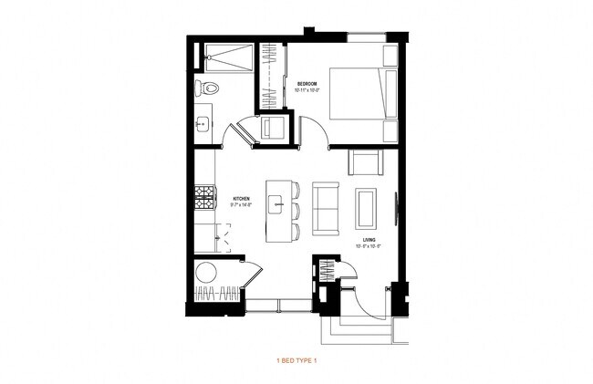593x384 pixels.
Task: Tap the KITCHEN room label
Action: point(241,198)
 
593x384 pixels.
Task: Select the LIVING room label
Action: point(369,241)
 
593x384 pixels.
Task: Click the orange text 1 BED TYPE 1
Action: point(296,360)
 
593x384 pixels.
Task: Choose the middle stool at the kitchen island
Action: point(295,210)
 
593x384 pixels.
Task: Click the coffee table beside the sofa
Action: point(367,209)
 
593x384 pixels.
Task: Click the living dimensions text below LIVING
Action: point(369,247)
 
